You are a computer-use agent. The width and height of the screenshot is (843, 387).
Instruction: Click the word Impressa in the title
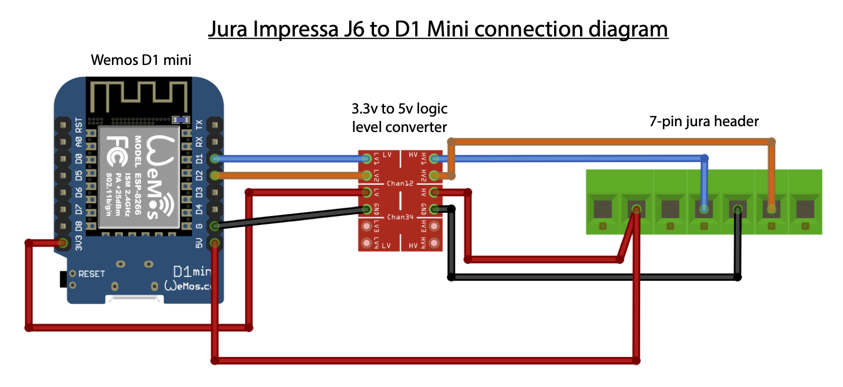pos(295,30)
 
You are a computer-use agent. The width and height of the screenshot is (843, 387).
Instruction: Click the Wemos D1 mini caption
pos(141,60)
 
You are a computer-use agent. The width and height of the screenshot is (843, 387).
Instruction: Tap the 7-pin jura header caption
pos(704,121)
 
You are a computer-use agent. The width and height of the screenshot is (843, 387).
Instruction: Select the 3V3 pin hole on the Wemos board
pos(63,243)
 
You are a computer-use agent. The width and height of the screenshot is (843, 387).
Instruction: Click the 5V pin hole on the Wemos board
pos(214,243)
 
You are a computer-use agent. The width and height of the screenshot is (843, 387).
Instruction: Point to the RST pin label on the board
pos(79,125)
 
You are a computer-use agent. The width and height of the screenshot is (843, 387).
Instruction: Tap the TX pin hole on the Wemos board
pos(214,125)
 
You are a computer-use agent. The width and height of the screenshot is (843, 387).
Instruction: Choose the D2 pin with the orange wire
pos(214,175)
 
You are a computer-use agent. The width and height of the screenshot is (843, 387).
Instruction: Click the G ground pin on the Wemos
pos(214,226)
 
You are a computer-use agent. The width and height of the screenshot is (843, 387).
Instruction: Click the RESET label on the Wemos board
pos(91,274)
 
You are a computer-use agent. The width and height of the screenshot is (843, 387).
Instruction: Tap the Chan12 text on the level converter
pos(400,183)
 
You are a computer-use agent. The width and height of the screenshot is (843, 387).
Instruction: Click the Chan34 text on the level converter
pos(400,217)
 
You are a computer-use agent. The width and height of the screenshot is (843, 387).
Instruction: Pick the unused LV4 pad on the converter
pos(366,243)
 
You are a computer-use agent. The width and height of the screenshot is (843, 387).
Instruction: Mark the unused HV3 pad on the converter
pos(434,226)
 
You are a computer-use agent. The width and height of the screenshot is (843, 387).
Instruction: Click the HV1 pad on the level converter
pos(434,158)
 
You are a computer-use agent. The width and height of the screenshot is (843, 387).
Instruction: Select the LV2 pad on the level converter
pos(366,175)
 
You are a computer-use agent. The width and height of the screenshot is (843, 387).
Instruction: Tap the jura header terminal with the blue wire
pos(704,209)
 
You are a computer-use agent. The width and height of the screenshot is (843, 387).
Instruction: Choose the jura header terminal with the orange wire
pos(771,209)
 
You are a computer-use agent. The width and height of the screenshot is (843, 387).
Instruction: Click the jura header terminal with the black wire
pos(737,209)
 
